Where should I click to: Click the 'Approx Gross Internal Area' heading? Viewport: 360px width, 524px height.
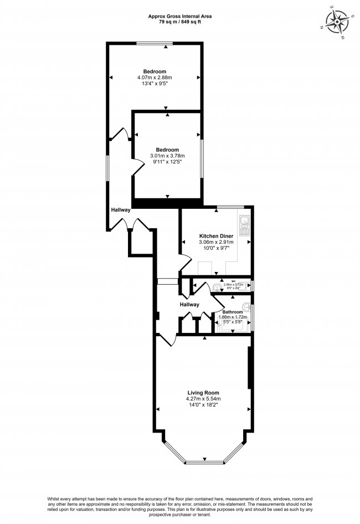point(179,17)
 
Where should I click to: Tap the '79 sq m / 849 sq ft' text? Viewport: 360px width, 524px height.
point(179,23)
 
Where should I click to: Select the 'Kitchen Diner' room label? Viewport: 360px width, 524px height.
point(216,236)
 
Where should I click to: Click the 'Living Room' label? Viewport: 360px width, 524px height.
point(203,392)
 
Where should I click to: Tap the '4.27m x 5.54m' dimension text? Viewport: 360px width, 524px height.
point(203,398)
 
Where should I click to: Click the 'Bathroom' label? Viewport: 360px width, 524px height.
point(233,312)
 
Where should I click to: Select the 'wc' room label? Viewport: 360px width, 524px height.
point(233,280)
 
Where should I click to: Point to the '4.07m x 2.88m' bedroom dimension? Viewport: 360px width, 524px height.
point(155,78)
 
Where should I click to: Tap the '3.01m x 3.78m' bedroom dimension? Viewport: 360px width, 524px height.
point(167,156)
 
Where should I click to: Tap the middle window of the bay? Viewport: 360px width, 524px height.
point(204,461)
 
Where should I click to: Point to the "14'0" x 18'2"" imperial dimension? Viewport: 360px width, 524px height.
point(203,405)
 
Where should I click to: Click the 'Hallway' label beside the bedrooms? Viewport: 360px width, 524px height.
point(121,210)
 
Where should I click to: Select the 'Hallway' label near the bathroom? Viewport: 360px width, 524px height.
point(189,305)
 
